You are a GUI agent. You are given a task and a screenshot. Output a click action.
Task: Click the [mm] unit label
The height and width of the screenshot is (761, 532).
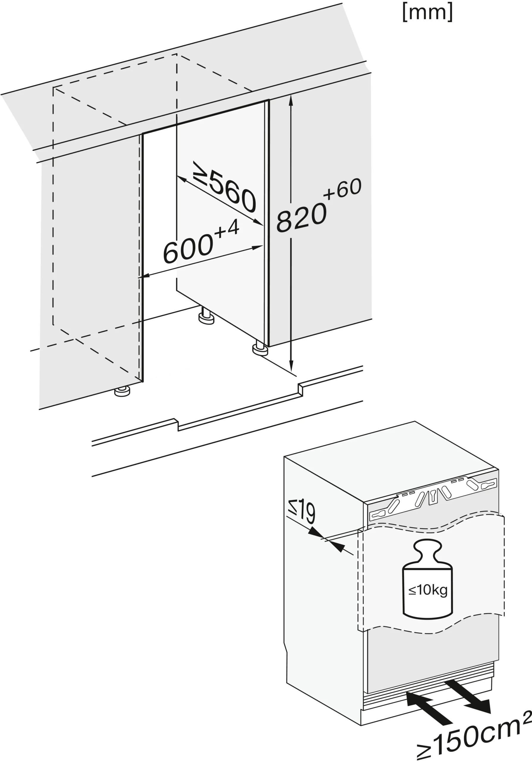[x=427, y=12]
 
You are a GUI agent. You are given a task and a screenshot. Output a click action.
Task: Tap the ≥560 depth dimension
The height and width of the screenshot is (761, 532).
[x=225, y=187]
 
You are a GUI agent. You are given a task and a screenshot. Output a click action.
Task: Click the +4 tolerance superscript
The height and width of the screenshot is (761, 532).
[x=227, y=229]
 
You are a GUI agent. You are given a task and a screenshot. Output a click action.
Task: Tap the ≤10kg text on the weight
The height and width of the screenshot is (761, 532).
[x=428, y=590]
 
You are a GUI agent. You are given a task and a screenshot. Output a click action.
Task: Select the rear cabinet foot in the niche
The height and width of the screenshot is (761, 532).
[x=206, y=315]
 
